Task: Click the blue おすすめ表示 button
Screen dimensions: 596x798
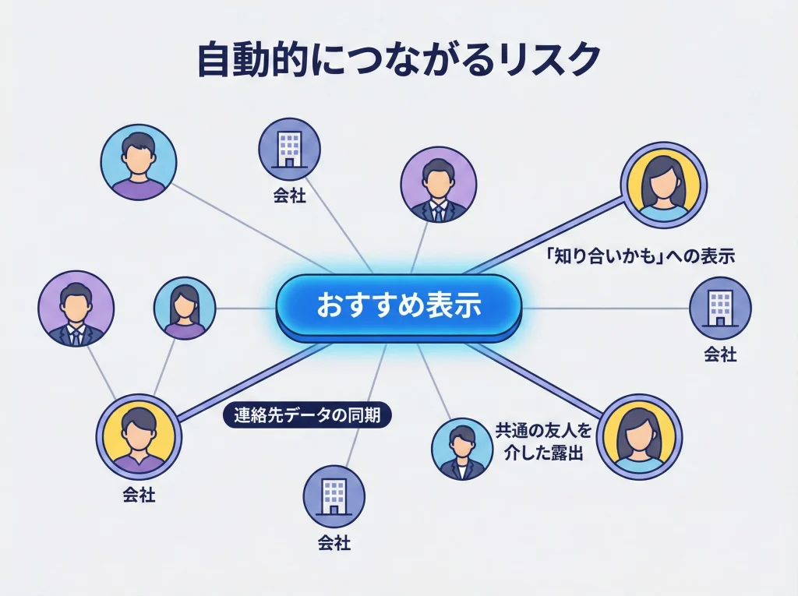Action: click(398, 306)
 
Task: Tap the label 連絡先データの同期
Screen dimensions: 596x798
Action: click(307, 415)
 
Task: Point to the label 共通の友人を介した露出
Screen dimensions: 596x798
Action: click(539, 441)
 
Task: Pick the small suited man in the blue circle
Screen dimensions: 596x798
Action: click(462, 448)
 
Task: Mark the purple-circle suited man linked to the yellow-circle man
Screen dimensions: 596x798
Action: click(76, 309)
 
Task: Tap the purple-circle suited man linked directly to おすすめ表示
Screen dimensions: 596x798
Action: click(439, 185)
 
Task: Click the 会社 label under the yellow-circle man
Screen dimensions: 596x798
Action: click(139, 495)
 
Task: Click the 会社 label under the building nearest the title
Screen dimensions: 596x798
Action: click(290, 196)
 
